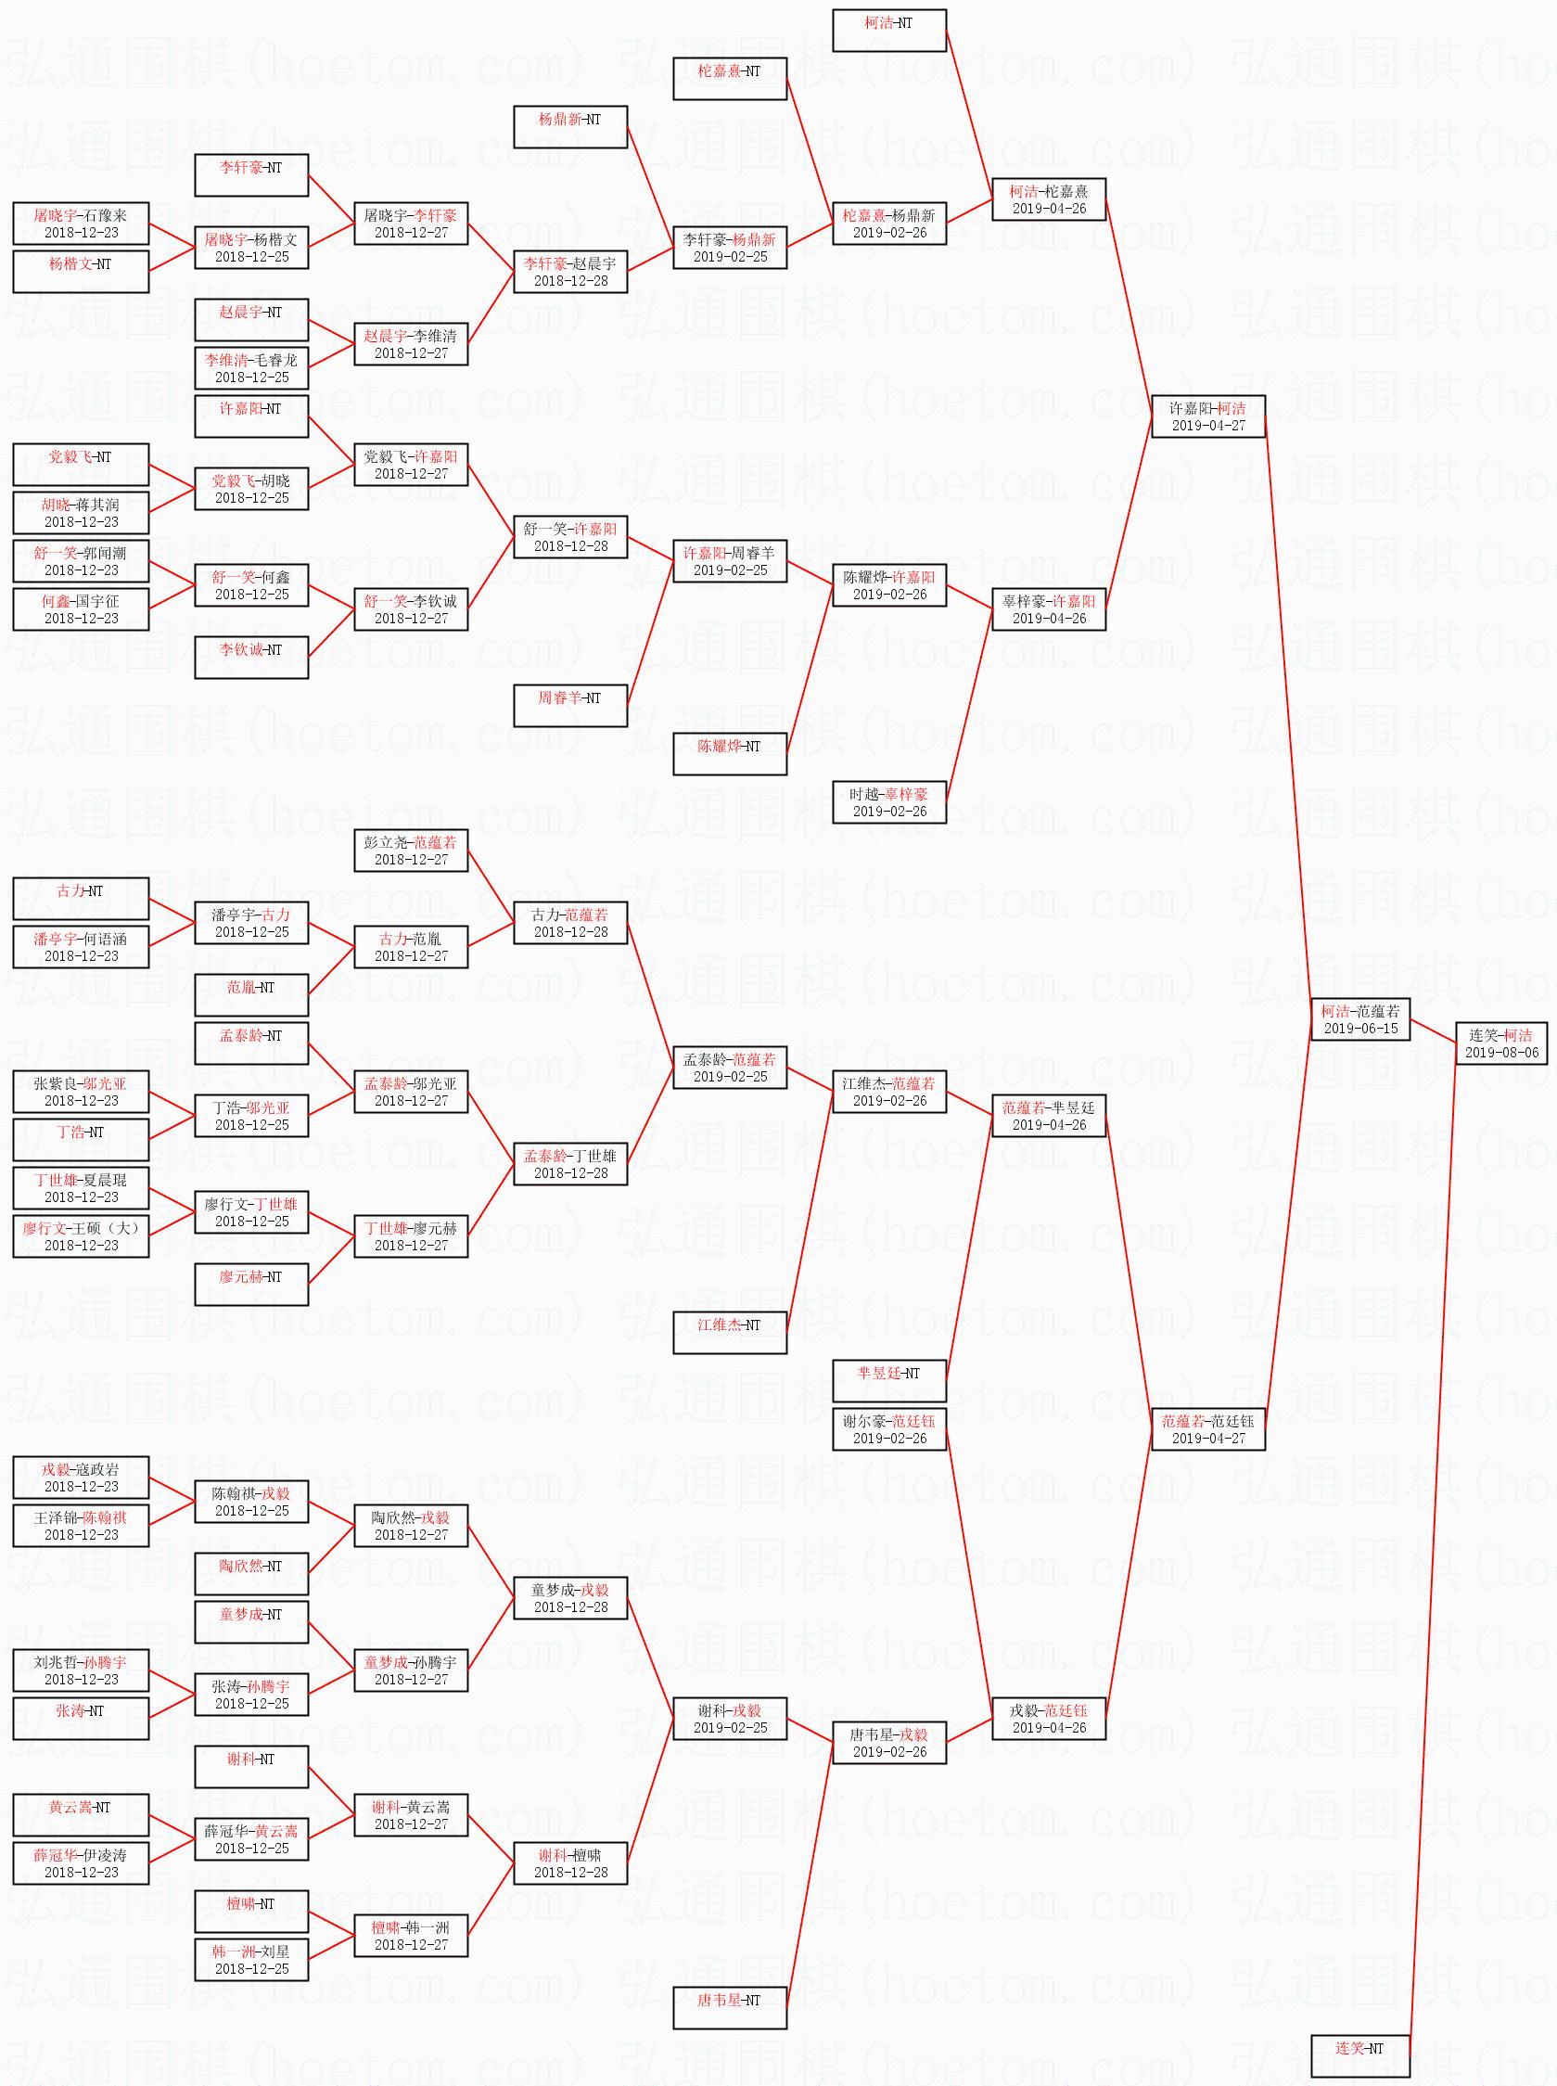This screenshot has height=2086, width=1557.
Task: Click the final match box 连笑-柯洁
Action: (1501, 1043)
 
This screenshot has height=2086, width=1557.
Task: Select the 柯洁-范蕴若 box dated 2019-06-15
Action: (1360, 1019)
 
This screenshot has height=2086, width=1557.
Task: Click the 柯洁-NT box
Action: (888, 31)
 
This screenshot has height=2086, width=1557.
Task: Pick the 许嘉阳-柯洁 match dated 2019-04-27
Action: (1208, 416)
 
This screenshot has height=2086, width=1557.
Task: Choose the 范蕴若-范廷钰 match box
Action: (1208, 1429)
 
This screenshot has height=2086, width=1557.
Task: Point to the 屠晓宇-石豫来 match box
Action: (81, 224)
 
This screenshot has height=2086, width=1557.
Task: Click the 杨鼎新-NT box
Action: (570, 127)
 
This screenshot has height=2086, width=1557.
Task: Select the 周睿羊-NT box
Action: (570, 706)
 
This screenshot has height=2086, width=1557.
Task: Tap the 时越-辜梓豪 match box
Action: (888, 802)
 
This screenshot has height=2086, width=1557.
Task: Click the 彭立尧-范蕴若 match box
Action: (411, 851)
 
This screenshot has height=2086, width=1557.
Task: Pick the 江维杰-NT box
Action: (730, 1333)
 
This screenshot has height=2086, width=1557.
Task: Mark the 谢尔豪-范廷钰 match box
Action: (888, 1429)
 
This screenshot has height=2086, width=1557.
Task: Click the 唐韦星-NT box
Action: (730, 2008)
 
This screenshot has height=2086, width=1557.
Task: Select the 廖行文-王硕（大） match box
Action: (81, 1235)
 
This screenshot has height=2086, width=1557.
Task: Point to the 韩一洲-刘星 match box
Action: (251, 1960)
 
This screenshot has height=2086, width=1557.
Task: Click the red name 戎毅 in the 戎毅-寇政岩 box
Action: (56, 1469)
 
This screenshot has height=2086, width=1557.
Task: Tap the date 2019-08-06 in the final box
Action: (1501, 1052)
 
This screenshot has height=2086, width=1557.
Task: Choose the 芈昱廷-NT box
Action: (888, 1381)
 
